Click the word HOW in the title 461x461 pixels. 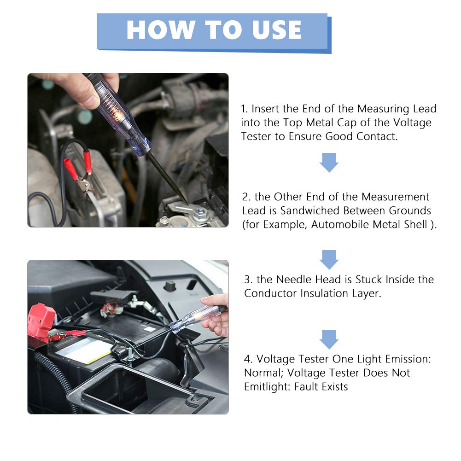point(161,29)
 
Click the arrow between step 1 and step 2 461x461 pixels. point(329,162)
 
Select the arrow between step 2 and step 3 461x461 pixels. point(329,260)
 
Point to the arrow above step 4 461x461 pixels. point(329,339)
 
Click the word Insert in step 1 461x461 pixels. point(265,109)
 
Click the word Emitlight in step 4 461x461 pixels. point(267,386)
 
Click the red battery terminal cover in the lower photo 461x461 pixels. point(41,321)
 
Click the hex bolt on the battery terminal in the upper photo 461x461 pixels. point(201,212)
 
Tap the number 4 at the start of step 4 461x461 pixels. point(248,359)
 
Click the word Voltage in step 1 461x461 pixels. point(412,123)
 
